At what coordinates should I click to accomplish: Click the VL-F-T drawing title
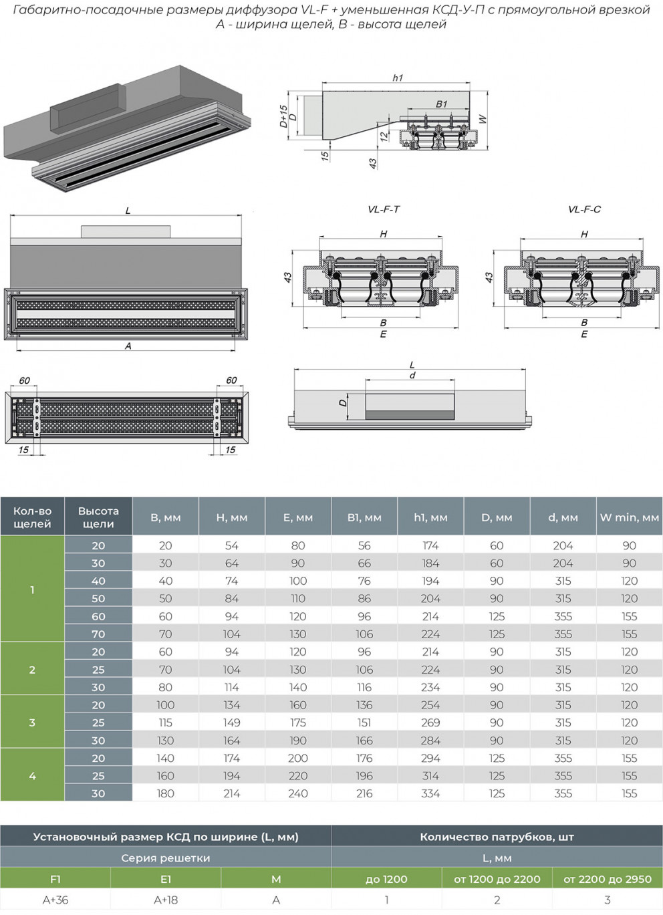point(384,209)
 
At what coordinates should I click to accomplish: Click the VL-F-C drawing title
point(584,209)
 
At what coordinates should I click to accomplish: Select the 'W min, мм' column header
point(629,517)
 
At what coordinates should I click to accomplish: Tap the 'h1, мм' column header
point(430,517)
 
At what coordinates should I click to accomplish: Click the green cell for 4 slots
point(32,775)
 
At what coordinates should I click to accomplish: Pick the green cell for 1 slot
point(32,590)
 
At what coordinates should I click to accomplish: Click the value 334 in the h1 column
point(430,793)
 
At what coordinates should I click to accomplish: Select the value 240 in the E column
point(298,793)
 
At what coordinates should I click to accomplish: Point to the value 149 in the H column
point(231,723)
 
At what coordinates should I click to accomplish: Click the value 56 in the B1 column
point(364,545)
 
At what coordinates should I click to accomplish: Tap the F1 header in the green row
point(55,879)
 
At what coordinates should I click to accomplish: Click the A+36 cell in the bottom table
point(55,900)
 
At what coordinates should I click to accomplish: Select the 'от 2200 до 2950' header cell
point(607,879)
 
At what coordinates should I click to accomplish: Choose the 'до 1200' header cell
point(386,879)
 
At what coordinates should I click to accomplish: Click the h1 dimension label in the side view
point(398,78)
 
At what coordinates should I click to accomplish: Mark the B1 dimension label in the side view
point(441,104)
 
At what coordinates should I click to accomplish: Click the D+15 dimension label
point(283,116)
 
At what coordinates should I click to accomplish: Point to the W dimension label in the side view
point(483,119)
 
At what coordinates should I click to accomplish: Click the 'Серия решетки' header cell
point(165,858)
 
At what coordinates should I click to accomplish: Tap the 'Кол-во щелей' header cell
point(32,517)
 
